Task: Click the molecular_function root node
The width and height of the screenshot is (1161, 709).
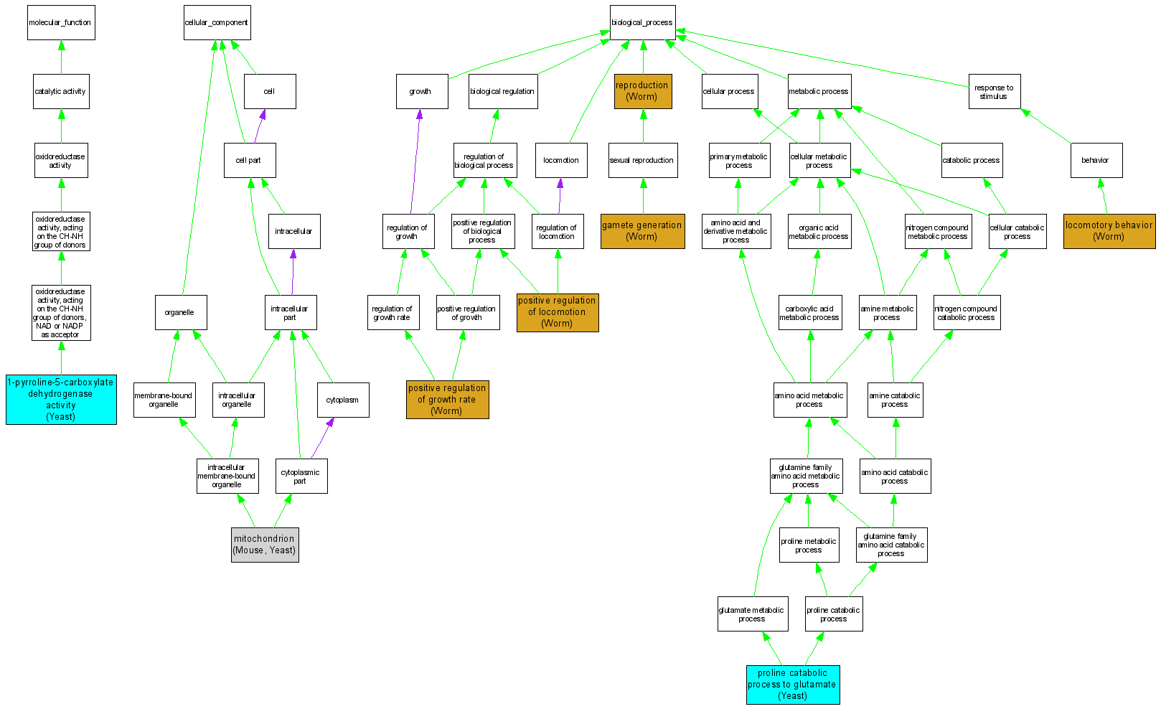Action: pyautogui.click(x=61, y=23)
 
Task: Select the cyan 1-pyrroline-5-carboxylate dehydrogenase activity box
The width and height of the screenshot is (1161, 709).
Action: pyautogui.click(x=61, y=399)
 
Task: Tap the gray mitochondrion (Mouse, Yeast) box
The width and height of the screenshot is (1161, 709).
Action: pyautogui.click(x=265, y=545)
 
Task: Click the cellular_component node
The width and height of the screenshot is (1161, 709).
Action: pyautogui.click(x=217, y=23)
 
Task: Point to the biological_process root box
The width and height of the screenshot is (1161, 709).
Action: pyautogui.click(x=642, y=23)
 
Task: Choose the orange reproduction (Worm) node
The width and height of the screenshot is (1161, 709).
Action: pyautogui.click(x=643, y=91)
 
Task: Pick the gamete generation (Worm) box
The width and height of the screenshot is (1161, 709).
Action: pyautogui.click(x=642, y=231)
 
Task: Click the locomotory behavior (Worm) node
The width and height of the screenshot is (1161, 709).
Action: pyautogui.click(x=1109, y=231)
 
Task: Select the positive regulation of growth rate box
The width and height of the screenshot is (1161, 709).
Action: pyautogui.click(x=447, y=399)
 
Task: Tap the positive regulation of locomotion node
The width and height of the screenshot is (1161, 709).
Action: pyautogui.click(x=558, y=312)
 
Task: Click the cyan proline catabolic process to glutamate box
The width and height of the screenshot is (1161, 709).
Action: pyautogui.click(x=792, y=685)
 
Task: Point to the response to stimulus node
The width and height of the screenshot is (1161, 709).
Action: pyautogui.click(x=994, y=92)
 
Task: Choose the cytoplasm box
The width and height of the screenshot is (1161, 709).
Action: pyautogui.click(x=343, y=400)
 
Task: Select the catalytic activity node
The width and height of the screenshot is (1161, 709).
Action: pyautogui.click(x=61, y=92)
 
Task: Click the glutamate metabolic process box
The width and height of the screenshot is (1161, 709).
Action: pyautogui.click(x=752, y=614)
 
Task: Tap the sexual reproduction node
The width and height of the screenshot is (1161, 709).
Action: pyautogui.click(x=642, y=161)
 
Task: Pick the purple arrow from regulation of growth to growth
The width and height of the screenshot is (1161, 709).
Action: pyautogui.click(x=415, y=161)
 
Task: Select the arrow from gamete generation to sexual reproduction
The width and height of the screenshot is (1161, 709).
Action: pyautogui.click(x=643, y=196)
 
